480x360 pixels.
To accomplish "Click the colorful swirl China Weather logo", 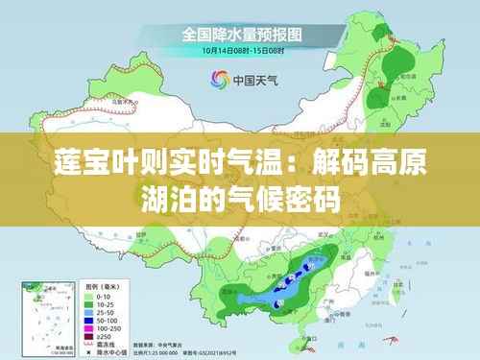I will (218, 81).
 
